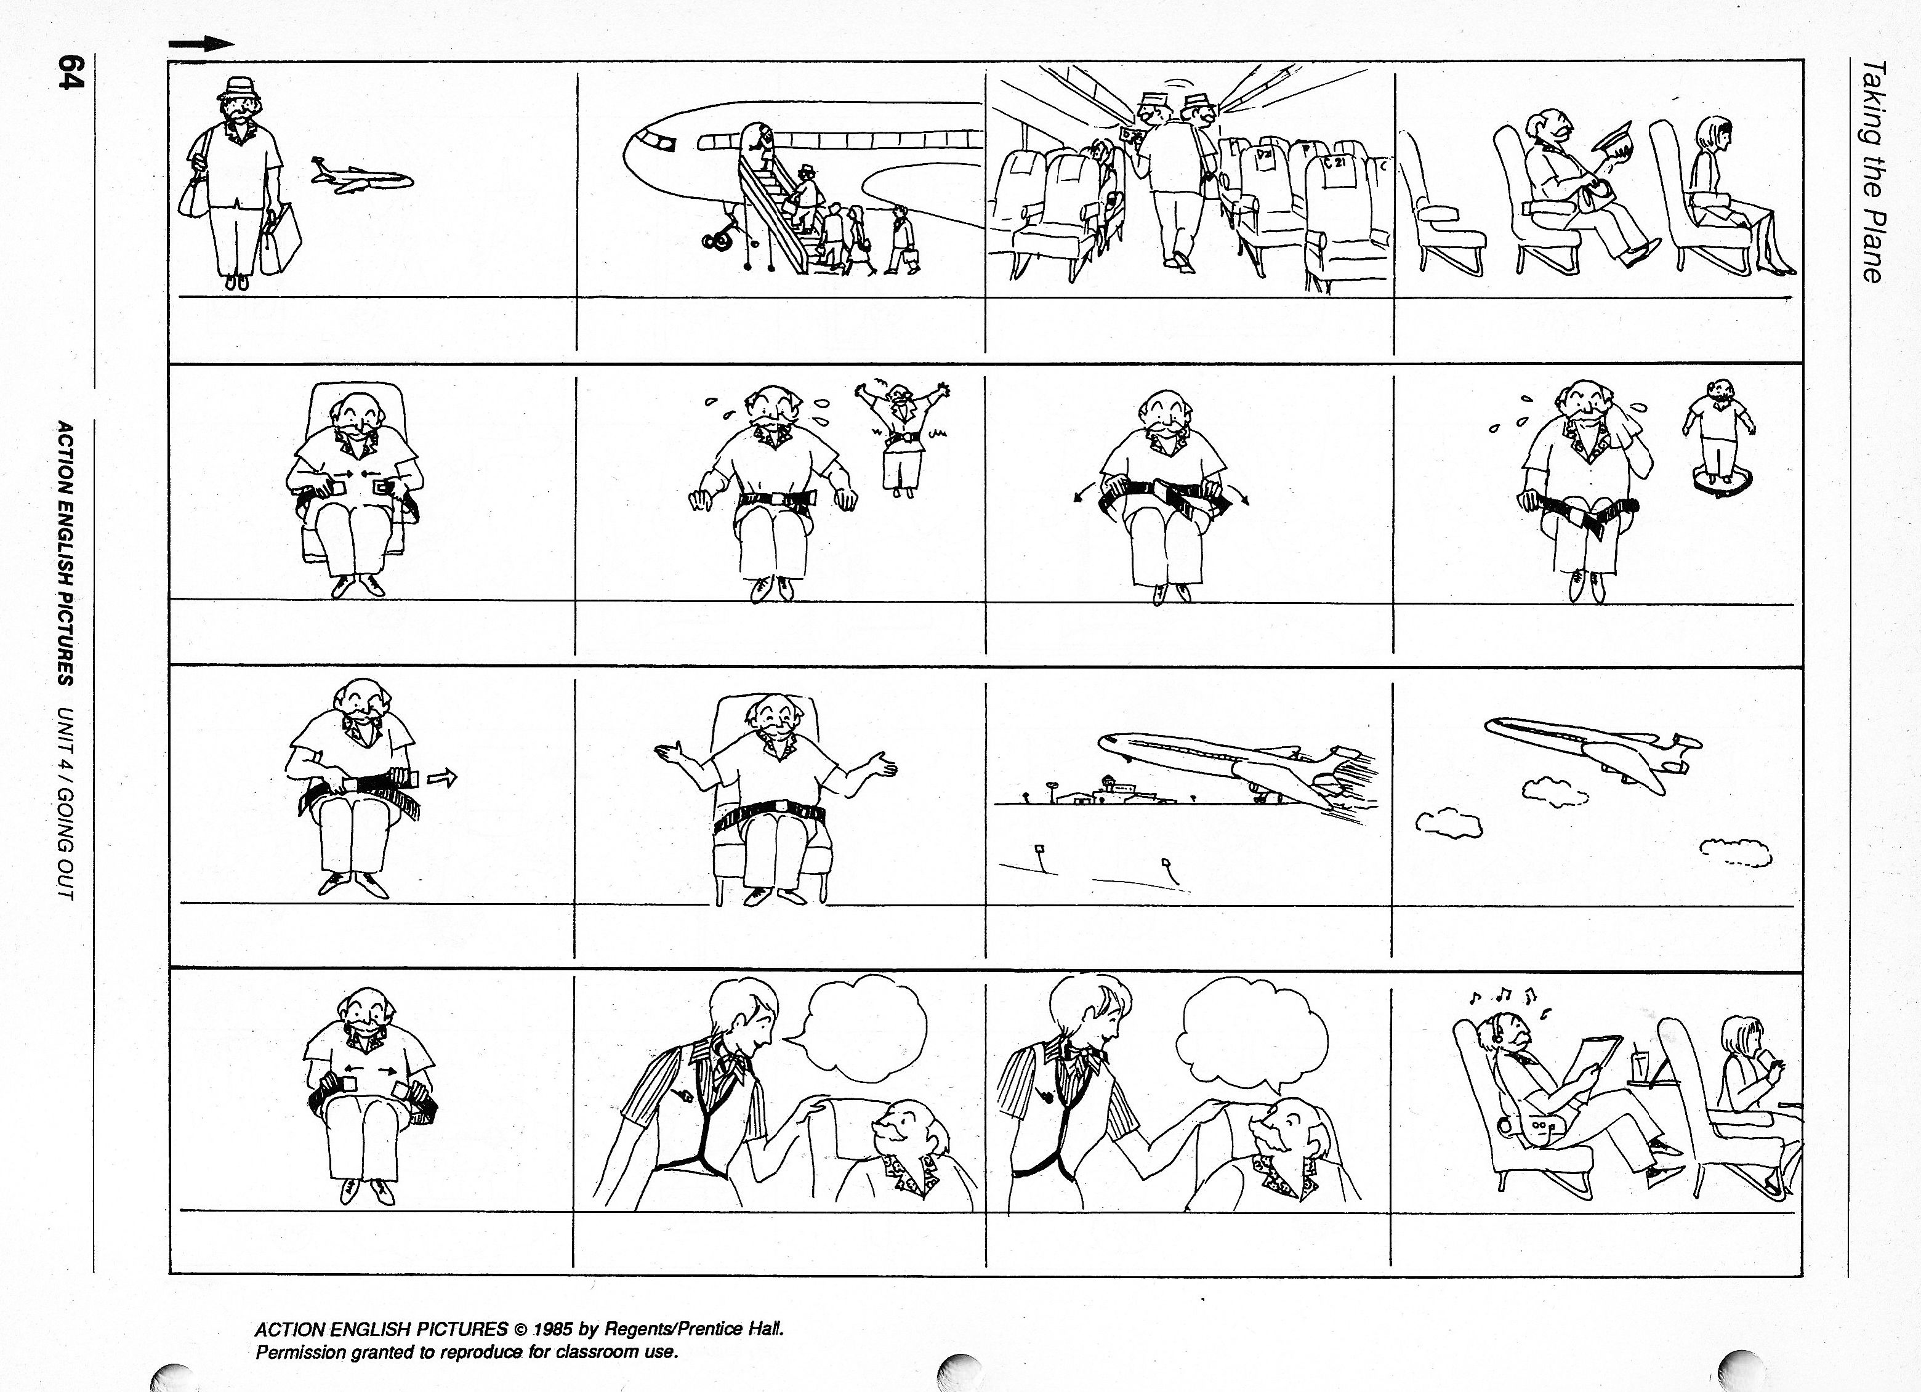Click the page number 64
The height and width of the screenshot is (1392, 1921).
pyautogui.click(x=70, y=71)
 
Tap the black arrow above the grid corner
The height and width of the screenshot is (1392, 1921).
pyautogui.click(x=201, y=45)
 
